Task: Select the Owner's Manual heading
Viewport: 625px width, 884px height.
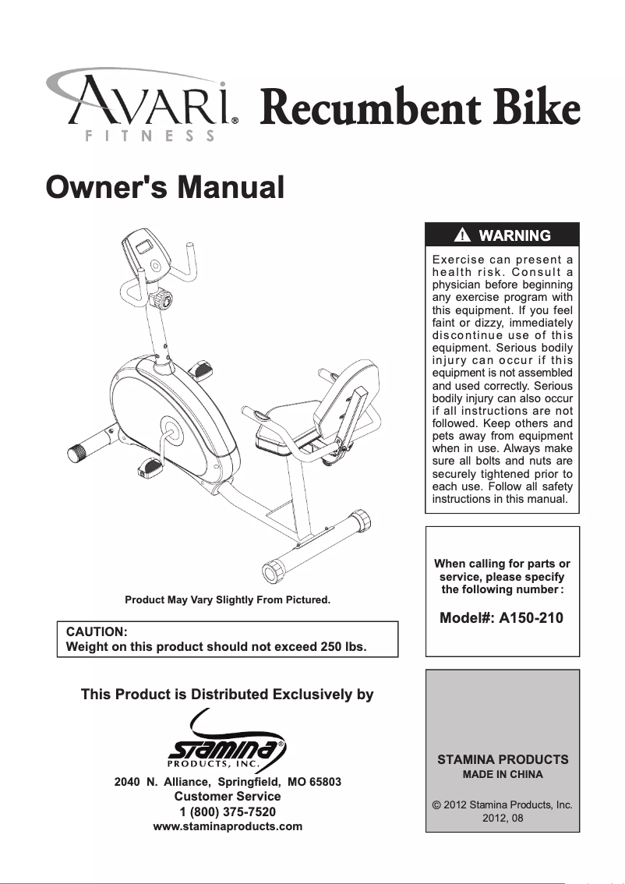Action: tap(164, 187)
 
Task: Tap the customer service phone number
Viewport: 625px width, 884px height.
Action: tap(228, 812)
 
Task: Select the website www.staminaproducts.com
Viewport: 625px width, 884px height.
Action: tap(228, 826)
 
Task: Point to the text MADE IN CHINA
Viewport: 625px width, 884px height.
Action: tap(503, 774)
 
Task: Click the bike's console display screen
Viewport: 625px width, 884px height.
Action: tap(145, 248)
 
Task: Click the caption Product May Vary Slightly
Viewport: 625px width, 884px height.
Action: tap(228, 600)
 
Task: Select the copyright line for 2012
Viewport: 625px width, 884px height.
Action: tap(503, 804)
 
